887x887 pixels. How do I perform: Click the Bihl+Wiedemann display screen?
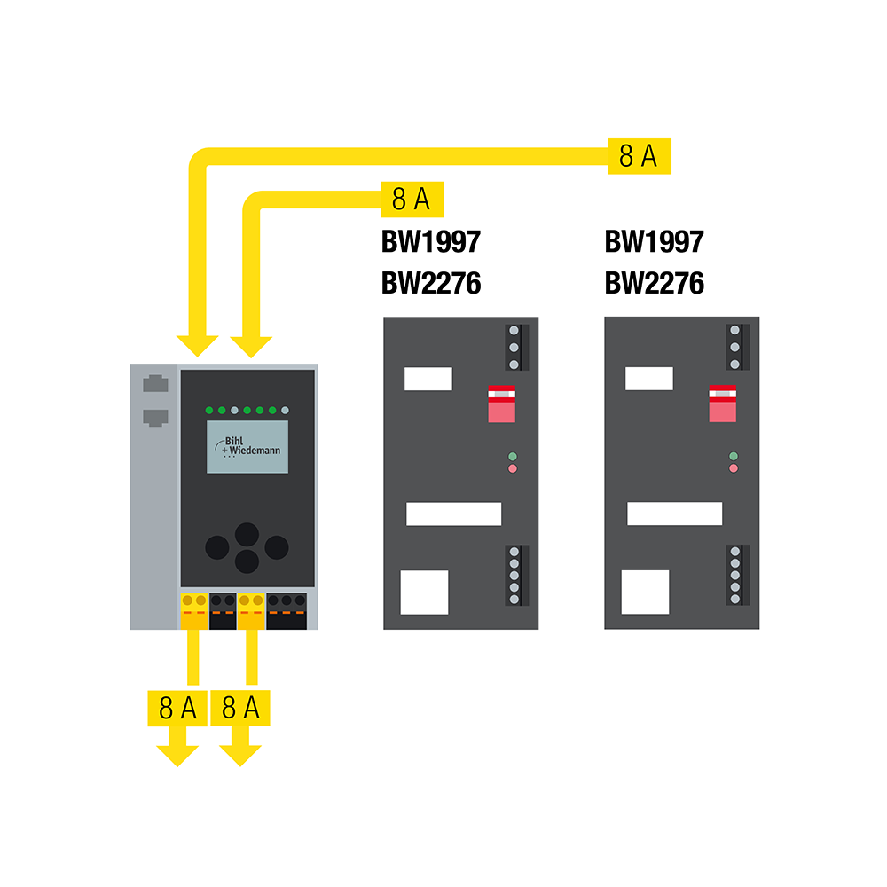coord(247,447)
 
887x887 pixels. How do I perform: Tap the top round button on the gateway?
coord(247,533)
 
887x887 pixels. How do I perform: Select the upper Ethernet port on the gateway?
coord(154,385)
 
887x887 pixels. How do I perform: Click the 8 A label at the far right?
coord(639,156)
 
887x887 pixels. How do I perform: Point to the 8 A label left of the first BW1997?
coord(411,200)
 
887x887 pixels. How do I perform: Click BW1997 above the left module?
coord(431,241)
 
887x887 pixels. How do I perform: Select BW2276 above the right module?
coord(654,284)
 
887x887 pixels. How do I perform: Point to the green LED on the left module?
coord(512,456)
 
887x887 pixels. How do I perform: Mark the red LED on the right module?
coord(733,467)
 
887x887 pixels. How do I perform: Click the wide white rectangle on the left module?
coord(454,514)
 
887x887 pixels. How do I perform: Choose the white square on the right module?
coord(645,592)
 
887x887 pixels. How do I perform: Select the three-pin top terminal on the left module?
coord(514,347)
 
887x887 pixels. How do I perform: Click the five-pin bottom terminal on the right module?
coord(734,576)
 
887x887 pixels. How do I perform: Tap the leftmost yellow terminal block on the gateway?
coord(193,610)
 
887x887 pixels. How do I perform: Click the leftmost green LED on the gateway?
coord(209,411)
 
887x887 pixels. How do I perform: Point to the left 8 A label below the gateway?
coord(177,708)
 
